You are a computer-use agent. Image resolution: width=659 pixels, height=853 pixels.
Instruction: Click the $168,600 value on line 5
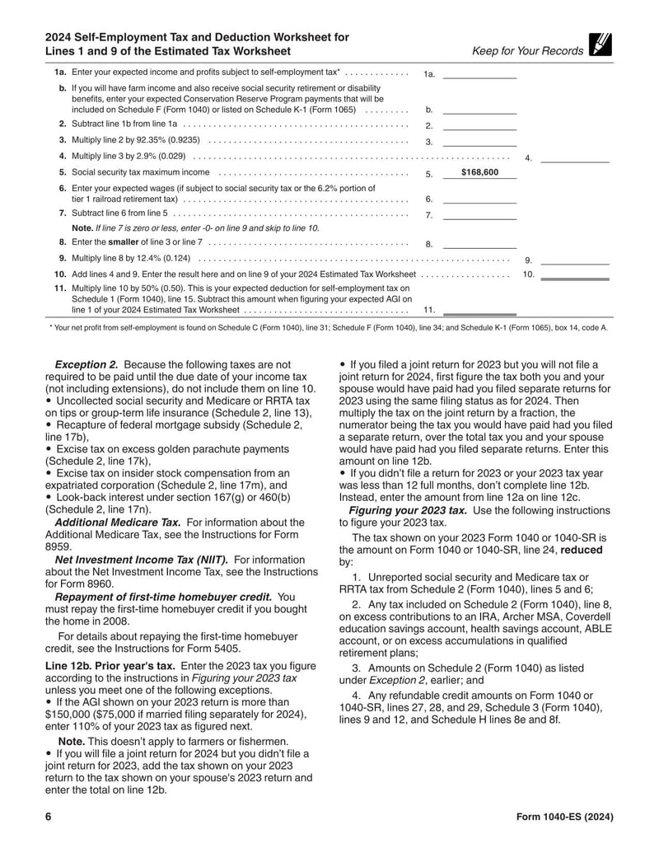479,173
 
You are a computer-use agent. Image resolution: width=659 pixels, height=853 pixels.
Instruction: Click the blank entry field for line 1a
479,73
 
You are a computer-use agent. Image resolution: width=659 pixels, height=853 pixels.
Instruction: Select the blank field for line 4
574,157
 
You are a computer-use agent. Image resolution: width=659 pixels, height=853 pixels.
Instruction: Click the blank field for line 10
574,274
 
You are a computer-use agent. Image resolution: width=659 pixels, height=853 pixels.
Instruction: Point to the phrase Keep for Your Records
527,51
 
